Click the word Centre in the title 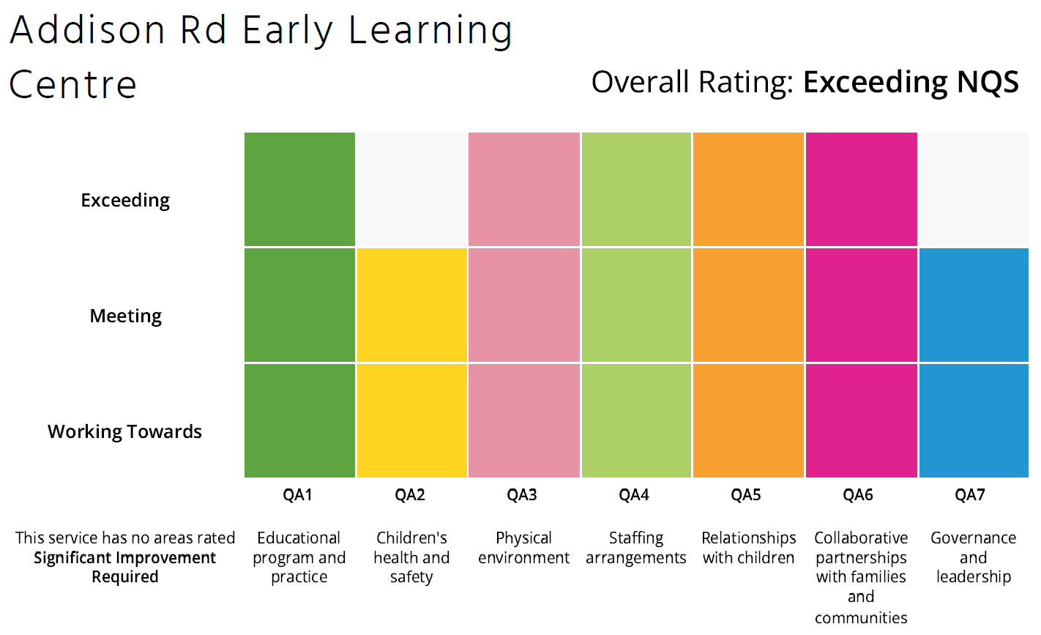pyautogui.click(x=72, y=84)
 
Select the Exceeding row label pyautogui.click(x=125, y=200)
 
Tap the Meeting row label pyautogui.click(x=125, y=316)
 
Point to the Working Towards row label pyautogui.click(x=124, y=431)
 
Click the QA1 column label pyautogui.click(x=298, y=495)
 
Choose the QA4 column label pyautogui.click(x=634, y=495)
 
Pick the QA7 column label pyautogui.click(x=970, y=495)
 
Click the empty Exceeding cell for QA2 pyautogui.click(x=411, y=189)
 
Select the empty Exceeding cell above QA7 pyautogui.click(x=973, y=189)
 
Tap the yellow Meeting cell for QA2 pyautogui.click(x=411, y=305)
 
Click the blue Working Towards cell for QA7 pyautogui.click(x=973, y=420)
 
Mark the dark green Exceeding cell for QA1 pyautogui.click(x=299, y=189)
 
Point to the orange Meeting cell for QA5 pyautogui.click(x=748, y=305)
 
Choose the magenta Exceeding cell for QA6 pyautogui.click(x=861, y=189)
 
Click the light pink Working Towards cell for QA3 pyautogui.click(x=523, y=420)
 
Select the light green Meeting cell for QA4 pyautogui.click(x=636, y=305)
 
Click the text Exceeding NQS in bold pyautogui.click(x=911, y=82)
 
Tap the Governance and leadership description pyautogui.click(x=973, y=557)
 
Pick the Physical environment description pyautogui.click(x=523, y=548)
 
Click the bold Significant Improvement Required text pyautogui.click(x=125, y=567)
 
